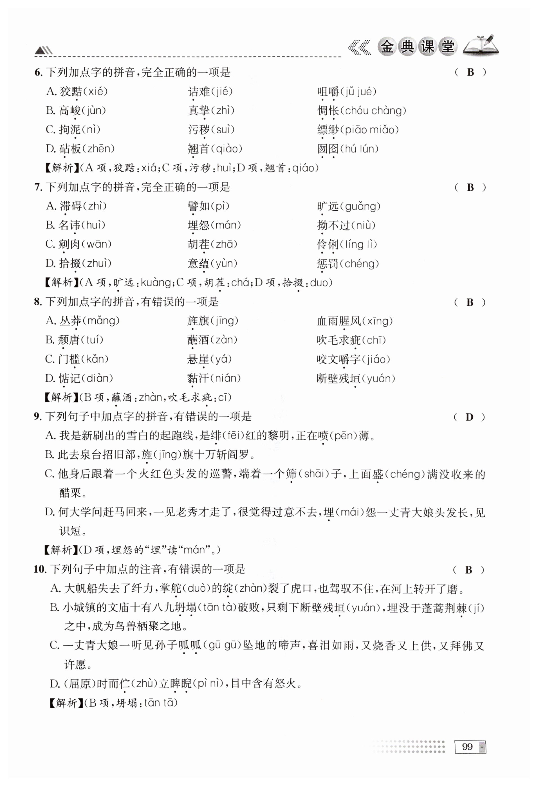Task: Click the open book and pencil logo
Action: [481, 45]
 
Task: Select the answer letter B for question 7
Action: [470, 187]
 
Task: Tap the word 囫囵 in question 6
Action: [328, 149]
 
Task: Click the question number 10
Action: [40, 570]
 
